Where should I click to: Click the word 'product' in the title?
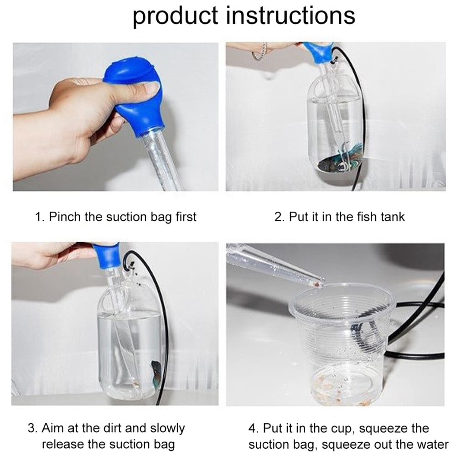click(x=176, y=16)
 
